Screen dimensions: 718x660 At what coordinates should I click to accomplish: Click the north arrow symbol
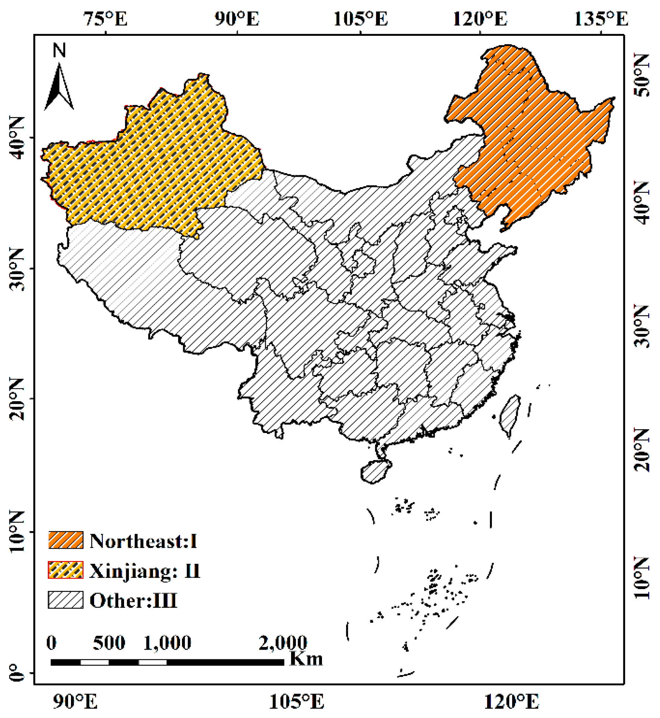pos(59,87)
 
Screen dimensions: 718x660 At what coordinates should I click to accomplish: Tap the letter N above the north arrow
pos(59,50)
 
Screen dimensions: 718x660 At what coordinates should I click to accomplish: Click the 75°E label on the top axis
pos(106,19)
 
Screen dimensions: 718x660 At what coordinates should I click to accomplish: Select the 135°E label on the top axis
pos(601,19)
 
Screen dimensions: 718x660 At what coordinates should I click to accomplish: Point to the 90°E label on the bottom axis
pos(75,701)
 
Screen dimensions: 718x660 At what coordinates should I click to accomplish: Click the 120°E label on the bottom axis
pos(512,701)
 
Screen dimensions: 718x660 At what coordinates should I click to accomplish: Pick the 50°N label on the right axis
pos(642,75)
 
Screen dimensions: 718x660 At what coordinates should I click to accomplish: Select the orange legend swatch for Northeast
pos(66,540)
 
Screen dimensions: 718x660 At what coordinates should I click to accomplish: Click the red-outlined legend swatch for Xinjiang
pos(66,570)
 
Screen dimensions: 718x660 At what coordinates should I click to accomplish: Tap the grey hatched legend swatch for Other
pos(66,600)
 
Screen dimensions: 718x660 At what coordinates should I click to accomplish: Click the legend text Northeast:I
pos(143,541)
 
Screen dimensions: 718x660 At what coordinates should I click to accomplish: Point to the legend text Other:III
pos(133,600)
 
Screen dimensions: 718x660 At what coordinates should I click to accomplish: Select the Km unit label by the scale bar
pos(306,658)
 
